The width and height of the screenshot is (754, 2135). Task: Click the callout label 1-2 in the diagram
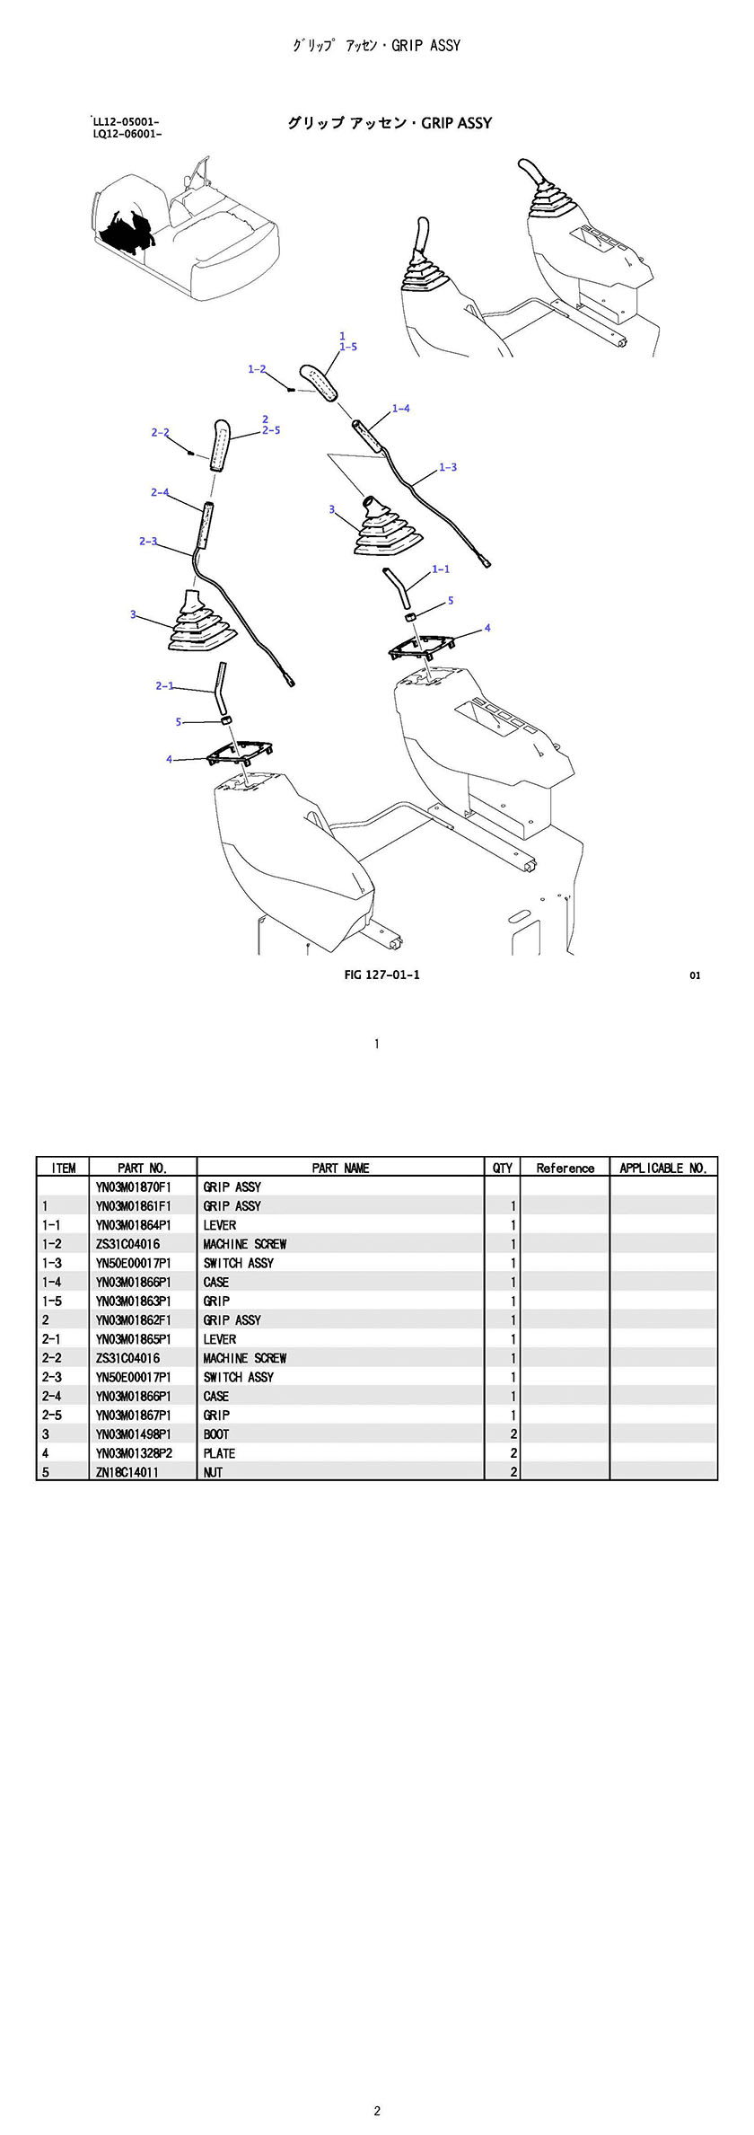257,369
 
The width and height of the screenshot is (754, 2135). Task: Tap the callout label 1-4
400,409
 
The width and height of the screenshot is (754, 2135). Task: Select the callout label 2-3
148,541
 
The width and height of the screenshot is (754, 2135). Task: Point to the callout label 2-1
164,685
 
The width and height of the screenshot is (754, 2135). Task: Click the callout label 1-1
441,569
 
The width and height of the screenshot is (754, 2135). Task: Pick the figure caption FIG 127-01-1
381,975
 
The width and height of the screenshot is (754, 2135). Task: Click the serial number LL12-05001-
127,121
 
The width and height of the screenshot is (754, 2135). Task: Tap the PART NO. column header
142,1168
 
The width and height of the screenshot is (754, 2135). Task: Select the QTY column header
503,1168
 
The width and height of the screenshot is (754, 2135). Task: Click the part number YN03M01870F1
133,1187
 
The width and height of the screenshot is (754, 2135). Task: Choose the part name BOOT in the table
216,1434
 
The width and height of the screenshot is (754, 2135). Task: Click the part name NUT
213,1472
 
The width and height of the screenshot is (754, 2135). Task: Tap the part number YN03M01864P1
133,1225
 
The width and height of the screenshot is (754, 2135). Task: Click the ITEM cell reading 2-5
52,1416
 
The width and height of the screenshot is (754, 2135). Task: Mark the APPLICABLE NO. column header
663,1168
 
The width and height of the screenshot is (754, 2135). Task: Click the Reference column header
565,1168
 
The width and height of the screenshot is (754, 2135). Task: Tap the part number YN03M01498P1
133,1434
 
